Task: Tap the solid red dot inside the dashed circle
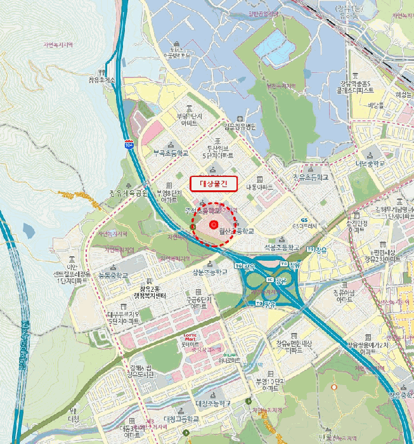point(214,224)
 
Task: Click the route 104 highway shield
point(129,145)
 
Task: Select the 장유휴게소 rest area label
point(102,80)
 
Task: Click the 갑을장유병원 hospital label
point(236,126)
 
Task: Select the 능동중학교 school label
point(113,275)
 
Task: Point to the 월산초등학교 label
point(235,232)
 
